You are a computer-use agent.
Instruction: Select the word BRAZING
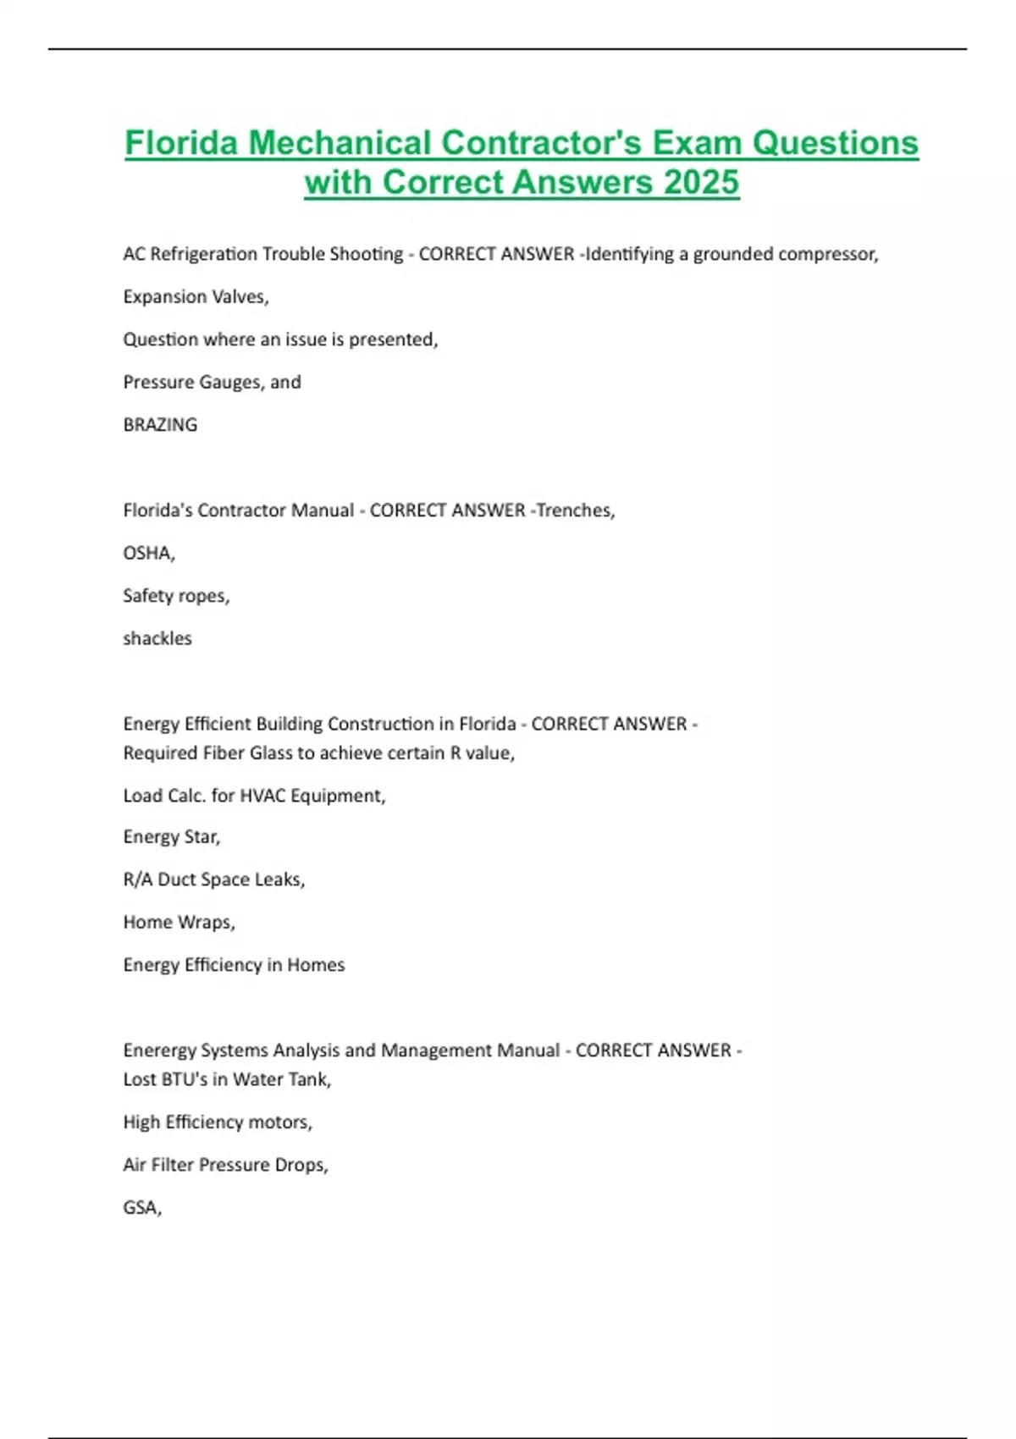coord(160,425)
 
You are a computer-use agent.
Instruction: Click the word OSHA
coord(147,553)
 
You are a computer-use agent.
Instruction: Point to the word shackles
coord(157,638)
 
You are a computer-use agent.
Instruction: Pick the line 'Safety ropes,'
coord(176,596)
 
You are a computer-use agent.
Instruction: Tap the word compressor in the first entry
coord(827,254)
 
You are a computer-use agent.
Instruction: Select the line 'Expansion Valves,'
coord(196,297)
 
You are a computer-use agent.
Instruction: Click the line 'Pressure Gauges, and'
coord(212,382)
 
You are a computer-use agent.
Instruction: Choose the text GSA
coord(141,1207)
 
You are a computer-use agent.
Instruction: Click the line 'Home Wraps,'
coord(179,922)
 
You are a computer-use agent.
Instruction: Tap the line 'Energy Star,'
coord(171,837)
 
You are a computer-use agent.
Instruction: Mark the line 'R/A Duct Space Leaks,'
coord(213,879)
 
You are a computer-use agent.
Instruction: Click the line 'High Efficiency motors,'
coord(218,1122)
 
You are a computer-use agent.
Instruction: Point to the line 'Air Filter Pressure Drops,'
coord(225,1165)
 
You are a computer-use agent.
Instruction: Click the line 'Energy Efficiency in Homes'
coord(234,965)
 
